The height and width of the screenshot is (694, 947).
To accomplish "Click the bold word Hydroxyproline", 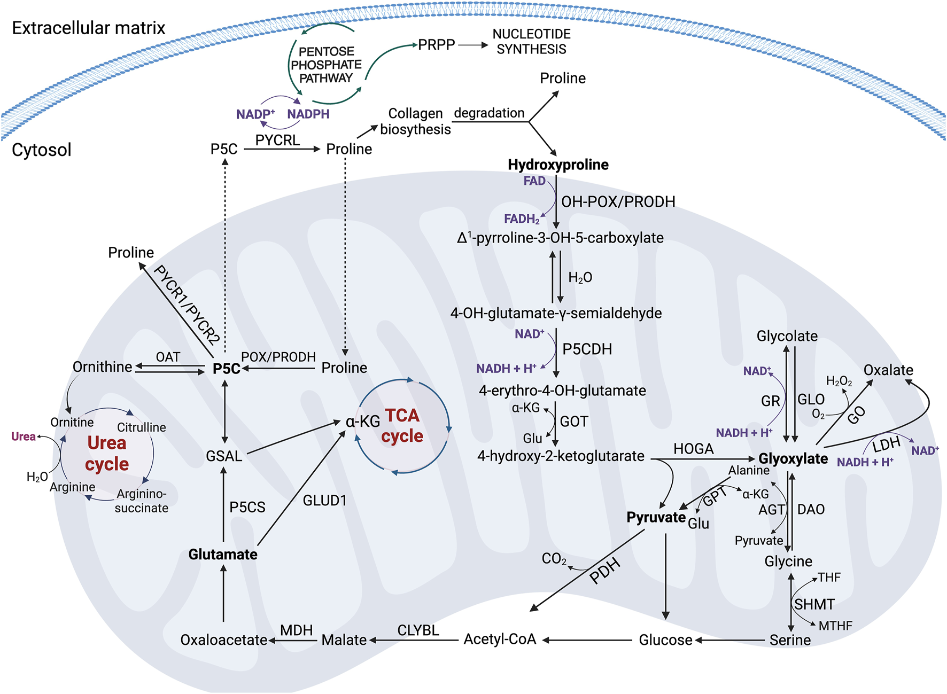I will [x=558, y=165].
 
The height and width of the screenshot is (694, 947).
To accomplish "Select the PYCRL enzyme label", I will [x=277, y=140].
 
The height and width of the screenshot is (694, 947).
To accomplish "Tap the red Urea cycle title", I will [x=107, y=453].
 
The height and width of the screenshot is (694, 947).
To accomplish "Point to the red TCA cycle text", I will [x=402, y=425].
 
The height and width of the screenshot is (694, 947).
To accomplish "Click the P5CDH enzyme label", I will [x=587, y=349].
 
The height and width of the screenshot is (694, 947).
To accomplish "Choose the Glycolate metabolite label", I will [x=787, y=336].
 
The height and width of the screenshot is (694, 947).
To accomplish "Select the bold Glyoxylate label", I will [x=793, y=459].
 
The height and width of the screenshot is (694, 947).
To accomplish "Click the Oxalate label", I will [x=888, y=370].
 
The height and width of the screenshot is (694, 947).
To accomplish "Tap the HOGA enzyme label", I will [x=693, y=449].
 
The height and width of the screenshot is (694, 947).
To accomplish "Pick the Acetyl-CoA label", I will [x=500, y=640].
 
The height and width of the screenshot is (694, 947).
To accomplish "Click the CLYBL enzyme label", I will [x=418, y=630].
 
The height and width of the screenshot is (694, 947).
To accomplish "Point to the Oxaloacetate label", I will [x=223, y=640].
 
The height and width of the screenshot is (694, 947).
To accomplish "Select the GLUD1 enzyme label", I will [x=325, y=501].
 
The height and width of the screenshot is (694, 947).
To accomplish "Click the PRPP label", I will [x=436, y=45].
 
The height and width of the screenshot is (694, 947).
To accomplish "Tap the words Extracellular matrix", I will [x=89, y=28].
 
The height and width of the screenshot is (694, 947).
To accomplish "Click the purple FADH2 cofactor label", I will [x=522, y=219].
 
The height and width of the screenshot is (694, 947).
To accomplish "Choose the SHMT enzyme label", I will [x=814, y=604].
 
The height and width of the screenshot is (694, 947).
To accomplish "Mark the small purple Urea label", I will [x=24, y=436].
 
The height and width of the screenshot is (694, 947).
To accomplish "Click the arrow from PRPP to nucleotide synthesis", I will [x=473, y=45].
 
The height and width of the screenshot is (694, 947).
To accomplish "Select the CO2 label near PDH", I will [x=554, y=559].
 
